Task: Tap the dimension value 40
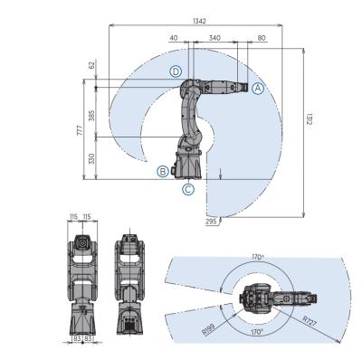(173, 39)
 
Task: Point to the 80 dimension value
(261, 39)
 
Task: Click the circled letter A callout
(257, 88)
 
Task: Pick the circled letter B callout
(162, 171)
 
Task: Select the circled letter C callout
(187, 189)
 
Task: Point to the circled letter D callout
(177, 71)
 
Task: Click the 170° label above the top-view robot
(258, 257)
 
